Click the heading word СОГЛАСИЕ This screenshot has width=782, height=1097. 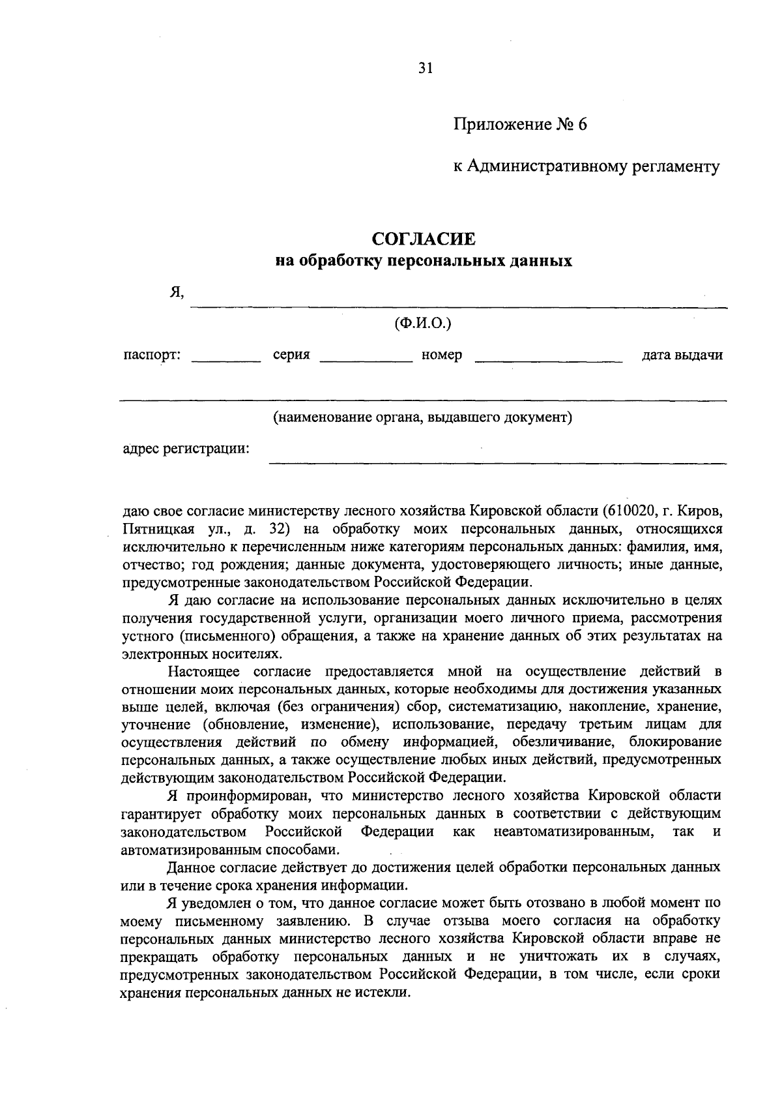[x=424, y=239]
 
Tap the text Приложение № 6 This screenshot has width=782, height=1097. [x=521, y=124]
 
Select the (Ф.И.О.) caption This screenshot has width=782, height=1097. [x=423, y=323]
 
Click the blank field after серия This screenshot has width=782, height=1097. [x=367, y=359]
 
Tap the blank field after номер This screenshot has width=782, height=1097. [x=548, y=359]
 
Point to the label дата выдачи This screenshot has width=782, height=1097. [x=682, y=355]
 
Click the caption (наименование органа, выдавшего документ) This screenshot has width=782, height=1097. [x=422, y=417]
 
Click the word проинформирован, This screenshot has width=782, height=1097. [x=251, y=796]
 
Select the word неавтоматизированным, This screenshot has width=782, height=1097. [x=573, y=832]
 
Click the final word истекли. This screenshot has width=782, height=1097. [x=384, y=993]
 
